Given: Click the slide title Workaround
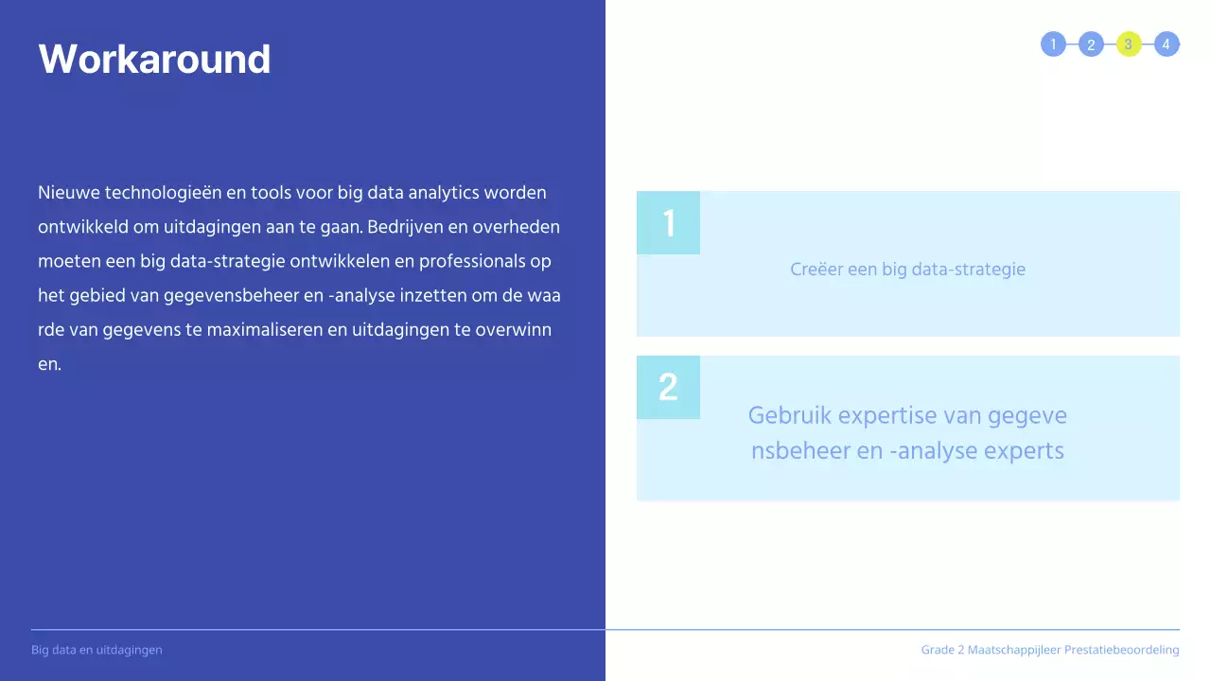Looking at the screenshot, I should pyautogui.click(x=154, y=59).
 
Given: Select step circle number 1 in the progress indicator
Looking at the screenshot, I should pyautogui.click(x=1053, y=44).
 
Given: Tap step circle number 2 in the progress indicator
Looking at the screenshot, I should pyautogui.click(x=1091, y=44).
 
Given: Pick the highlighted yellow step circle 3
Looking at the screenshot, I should pyautogui.click(x=1129, y=44).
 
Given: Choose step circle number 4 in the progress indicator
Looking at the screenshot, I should pyautogui.click(x=1167, y=44).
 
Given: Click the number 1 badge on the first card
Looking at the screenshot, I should pyautogui.click(x=669, y=223).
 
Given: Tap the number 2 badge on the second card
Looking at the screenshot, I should pyautogui.click(x=668, y=387).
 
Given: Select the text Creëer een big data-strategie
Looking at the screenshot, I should pyautogui.click(x=907, y=270).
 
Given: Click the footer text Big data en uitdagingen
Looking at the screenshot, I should pyautogui.click(x=97, y=650).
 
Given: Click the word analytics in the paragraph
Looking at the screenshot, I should pyautogui.click(x=442, y=193).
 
